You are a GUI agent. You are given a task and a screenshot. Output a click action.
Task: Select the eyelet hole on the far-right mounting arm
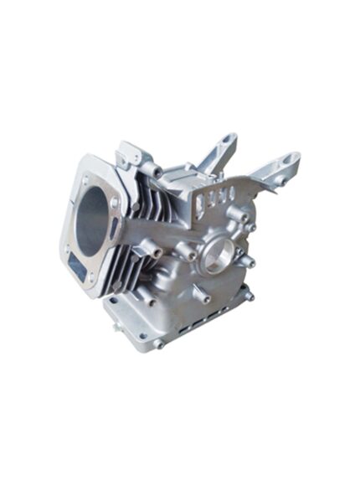click(x=291, y=157)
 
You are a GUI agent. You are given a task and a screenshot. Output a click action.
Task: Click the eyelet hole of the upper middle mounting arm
click(x=226, y=138)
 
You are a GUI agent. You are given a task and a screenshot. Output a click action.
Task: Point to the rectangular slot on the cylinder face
click(x=78, y=267)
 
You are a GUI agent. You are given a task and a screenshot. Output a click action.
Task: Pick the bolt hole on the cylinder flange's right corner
click(x=115, y=203)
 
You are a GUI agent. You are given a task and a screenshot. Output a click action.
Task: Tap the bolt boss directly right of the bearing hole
click(x=249, y=261)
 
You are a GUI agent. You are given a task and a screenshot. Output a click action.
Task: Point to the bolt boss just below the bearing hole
click(x=203, y=295)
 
